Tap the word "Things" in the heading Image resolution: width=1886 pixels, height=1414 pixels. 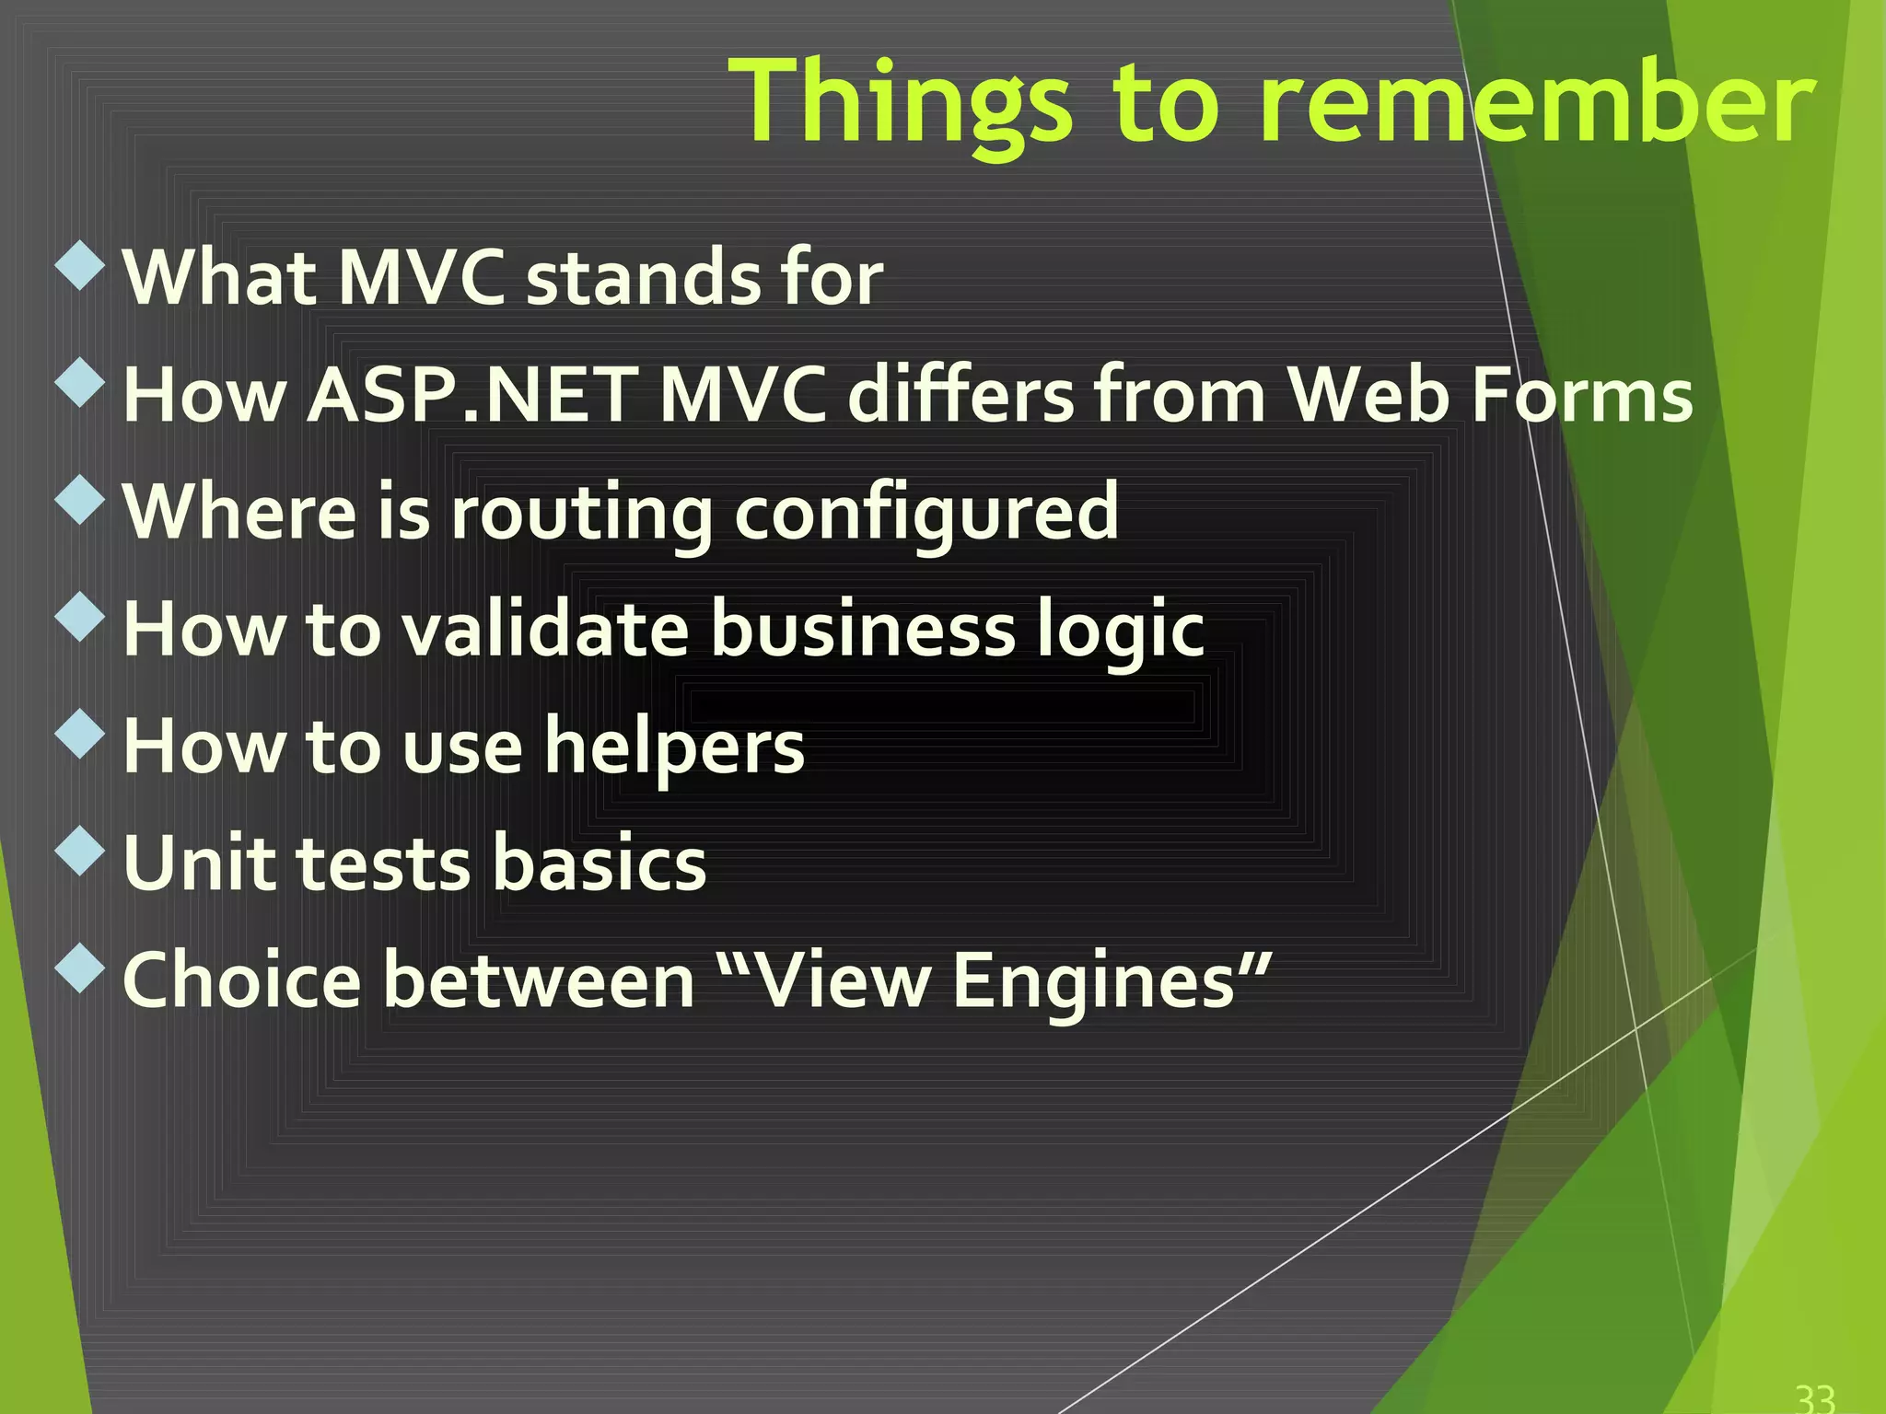tap(901, 103)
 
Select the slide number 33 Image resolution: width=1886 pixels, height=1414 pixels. tap(1815, 1397)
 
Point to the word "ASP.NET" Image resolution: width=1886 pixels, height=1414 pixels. tap(471, 395)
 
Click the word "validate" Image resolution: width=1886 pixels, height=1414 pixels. tap(545, 630)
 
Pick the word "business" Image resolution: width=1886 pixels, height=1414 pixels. tap(863, 630)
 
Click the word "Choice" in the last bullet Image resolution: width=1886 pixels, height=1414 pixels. tap(241, 980)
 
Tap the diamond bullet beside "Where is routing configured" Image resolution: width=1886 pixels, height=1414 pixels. tap(81, 499)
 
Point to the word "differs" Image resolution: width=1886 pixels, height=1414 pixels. tap(960, 395)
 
